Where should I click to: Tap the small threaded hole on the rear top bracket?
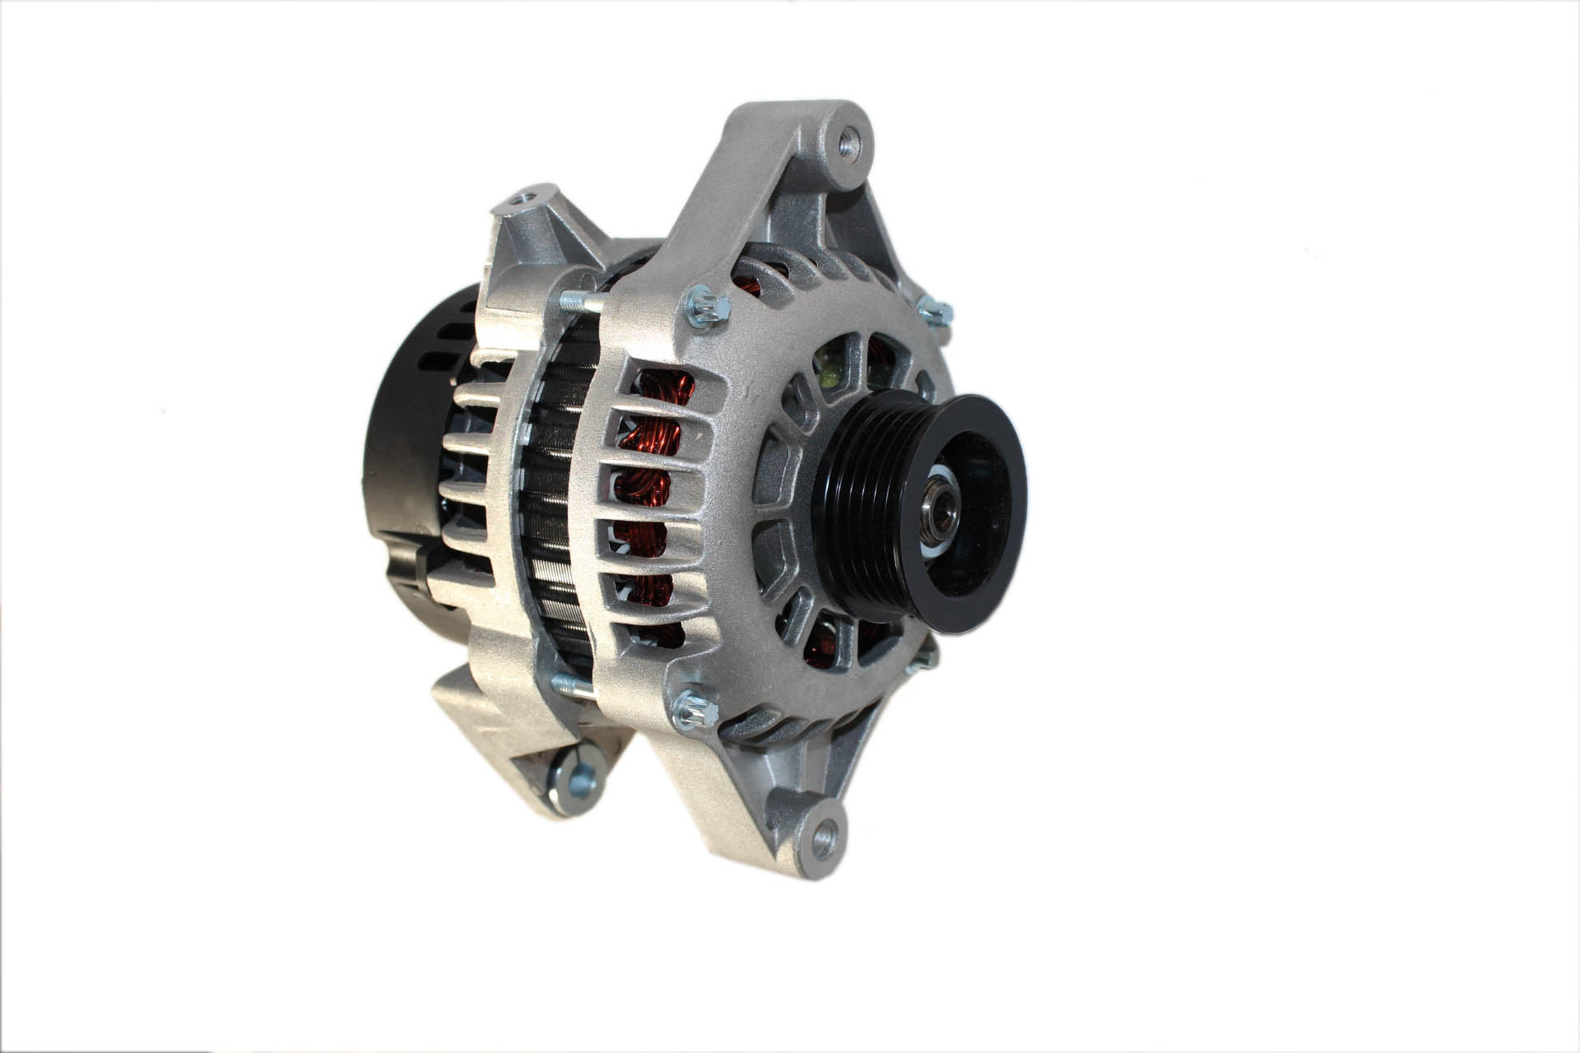[x=524, y=198]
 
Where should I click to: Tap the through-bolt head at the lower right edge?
[x=928, y=654]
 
